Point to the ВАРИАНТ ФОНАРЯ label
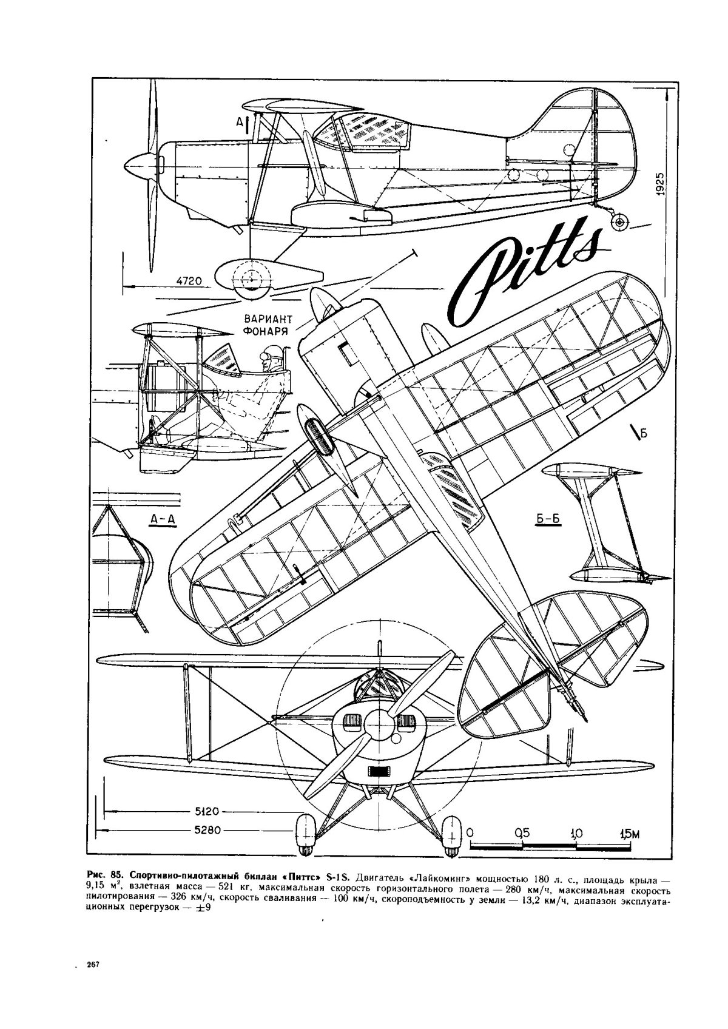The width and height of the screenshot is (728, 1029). click(x=267, y=325)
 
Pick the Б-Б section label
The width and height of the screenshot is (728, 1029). click(x=539, y=519)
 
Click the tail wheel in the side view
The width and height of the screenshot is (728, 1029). click(x=619, y=223)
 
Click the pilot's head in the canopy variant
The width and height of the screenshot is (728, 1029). click(x=269, y=355)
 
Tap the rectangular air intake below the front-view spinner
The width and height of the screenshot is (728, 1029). click(x=380, y=771)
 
